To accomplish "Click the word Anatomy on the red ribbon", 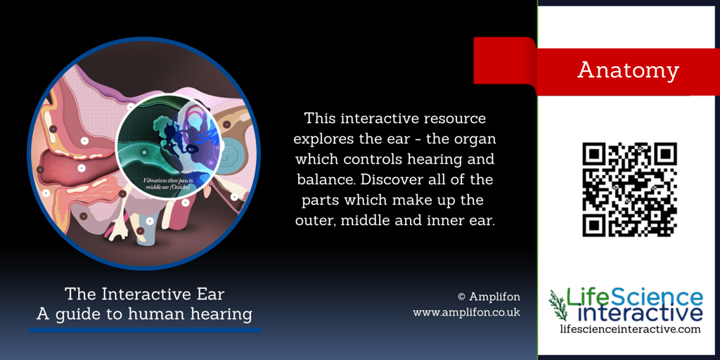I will coord(628,70).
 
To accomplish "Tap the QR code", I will coord(629,189).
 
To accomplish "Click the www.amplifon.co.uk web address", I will coord(466,311).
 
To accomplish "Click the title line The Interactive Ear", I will coord(144,293).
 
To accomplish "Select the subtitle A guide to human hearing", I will coord(144,313).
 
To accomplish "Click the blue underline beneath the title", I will coord(144,329).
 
